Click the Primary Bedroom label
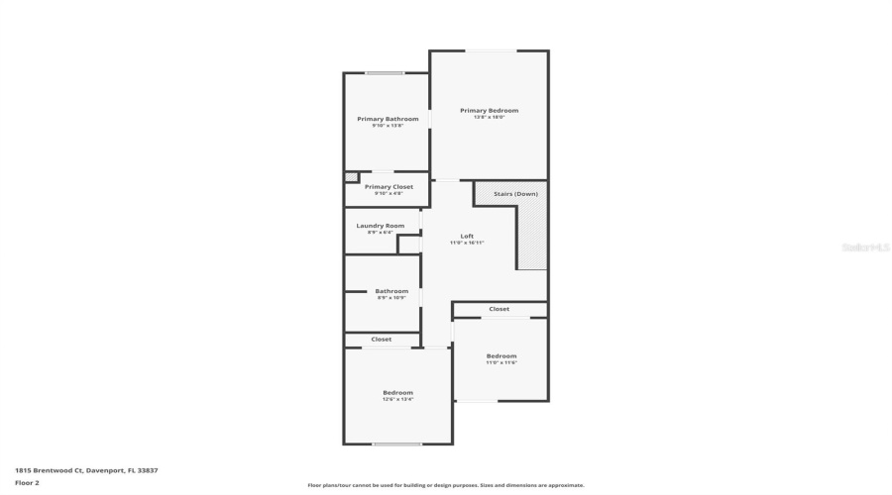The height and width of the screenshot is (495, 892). [x=489, y=110]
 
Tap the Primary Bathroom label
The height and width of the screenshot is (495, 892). [x=388, y=119]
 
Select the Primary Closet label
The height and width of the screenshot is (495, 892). [x=389, y=186]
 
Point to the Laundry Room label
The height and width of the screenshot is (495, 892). [x=380, y=226]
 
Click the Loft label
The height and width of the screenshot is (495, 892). [x=467, y=236]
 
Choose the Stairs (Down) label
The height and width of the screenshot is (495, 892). [x=515, y=194]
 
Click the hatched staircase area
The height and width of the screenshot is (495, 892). [x=532, y=238]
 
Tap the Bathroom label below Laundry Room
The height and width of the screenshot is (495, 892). [x=390, y=291]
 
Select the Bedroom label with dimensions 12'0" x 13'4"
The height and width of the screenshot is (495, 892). [x=397, y=392]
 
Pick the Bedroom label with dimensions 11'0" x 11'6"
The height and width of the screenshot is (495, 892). [x=501, y=355]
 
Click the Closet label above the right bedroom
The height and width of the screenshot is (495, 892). [x=500, y=309]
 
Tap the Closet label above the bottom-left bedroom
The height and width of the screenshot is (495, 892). [x=381, y=340]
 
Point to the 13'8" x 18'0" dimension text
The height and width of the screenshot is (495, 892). [x=489, y=117]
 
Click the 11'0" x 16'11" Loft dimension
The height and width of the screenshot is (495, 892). [x=467, y=243]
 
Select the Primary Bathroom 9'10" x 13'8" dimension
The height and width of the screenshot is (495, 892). [x=388, y=126]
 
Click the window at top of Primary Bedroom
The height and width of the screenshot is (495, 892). [x=489, y=51]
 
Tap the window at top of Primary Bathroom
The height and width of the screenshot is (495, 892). [x=384, y=73]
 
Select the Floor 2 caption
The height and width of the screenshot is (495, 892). [x=27, y=483]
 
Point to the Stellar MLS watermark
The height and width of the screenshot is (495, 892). [x=865, y=247]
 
